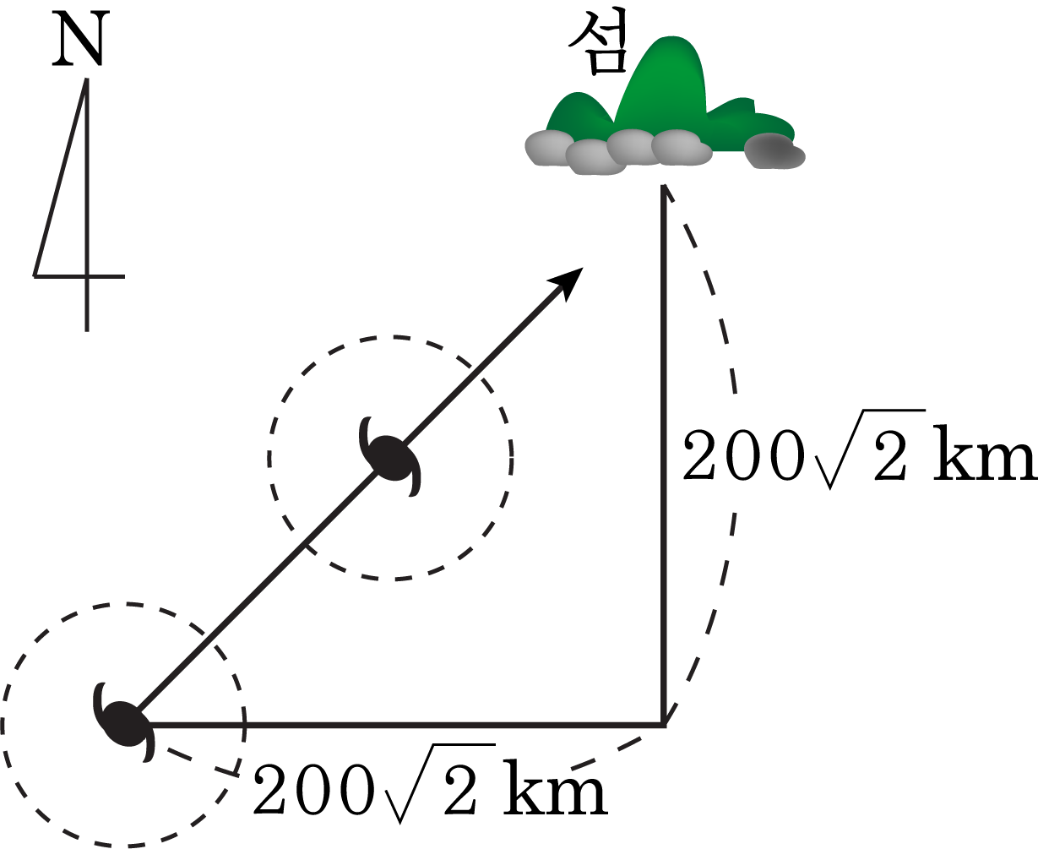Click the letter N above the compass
coord(79,39)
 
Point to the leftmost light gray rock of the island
coord(546,148)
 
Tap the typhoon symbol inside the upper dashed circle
coord(391,458)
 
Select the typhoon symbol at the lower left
coord(123,723)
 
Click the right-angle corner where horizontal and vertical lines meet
coord(664,724)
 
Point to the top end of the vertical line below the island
coord(664,186)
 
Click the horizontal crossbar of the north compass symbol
coord(79,276)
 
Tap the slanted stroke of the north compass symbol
coord(60,177)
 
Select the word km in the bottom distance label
coord(556,788)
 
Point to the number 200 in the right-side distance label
coord(744,454)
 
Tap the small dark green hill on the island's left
coord(579,113)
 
